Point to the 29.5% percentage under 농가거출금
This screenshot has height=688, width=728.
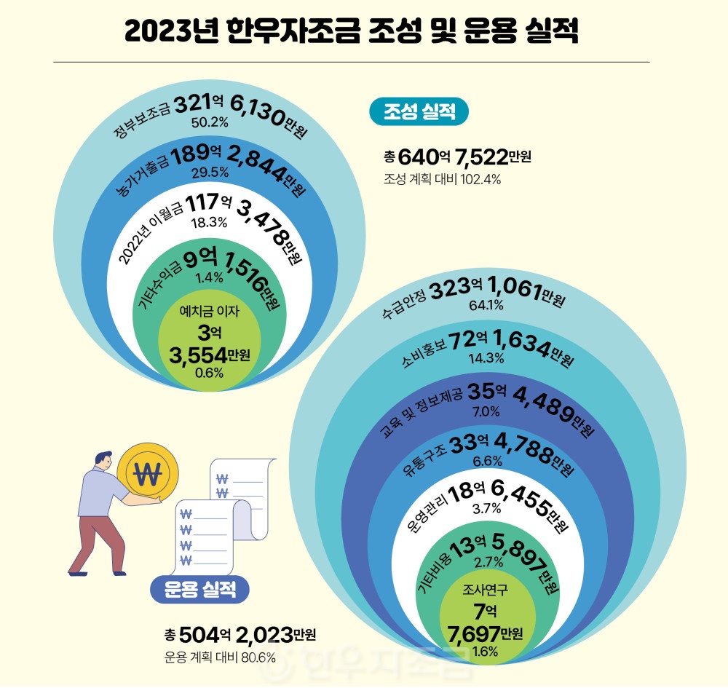pyautogui.click(x=210, y=173)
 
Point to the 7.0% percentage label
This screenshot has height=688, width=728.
pyautogui.click(x=486, y=412)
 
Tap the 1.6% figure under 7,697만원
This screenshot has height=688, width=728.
pyautogui.click(x=485, y=651)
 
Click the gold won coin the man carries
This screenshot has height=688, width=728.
pyautogui.click(x=148, y=474)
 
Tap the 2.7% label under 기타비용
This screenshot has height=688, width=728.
pyautogui.click(x=486, y=561)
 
